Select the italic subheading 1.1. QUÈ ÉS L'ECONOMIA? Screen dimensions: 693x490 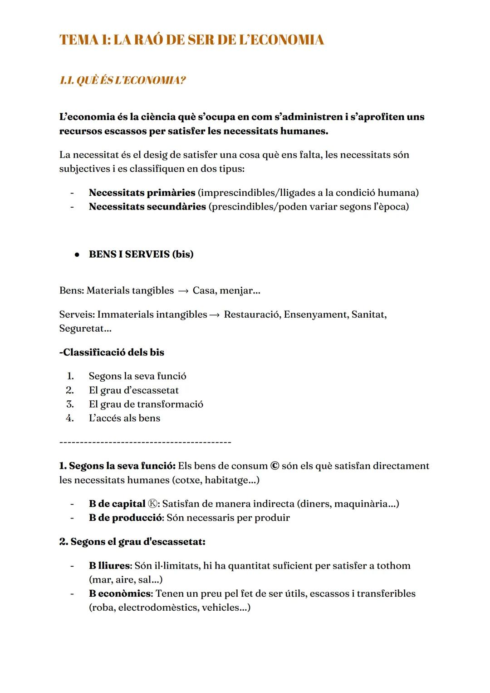tap(122, 80)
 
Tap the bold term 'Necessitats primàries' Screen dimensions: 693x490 tap(142, 192)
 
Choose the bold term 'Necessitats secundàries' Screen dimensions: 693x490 tap(147, 206)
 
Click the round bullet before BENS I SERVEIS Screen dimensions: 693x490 tap(77, 254)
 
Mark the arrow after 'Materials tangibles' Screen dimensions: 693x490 tap(183, 290)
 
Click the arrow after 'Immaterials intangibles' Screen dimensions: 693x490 tap(215, 314)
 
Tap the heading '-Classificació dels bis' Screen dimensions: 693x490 tap(112, 352)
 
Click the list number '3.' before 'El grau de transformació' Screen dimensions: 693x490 tap(70, 404)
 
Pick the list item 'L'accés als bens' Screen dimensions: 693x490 tap(124, 418)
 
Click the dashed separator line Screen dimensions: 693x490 tap(145, 442)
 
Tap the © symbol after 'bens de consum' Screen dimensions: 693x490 tap(274, 466)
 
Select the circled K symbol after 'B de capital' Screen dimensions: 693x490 tap(153, 504)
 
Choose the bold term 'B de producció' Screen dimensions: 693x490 tap(125, 518)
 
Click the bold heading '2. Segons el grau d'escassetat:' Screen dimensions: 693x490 tap(132, 542)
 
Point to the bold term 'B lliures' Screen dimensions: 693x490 tap(109, 566)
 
